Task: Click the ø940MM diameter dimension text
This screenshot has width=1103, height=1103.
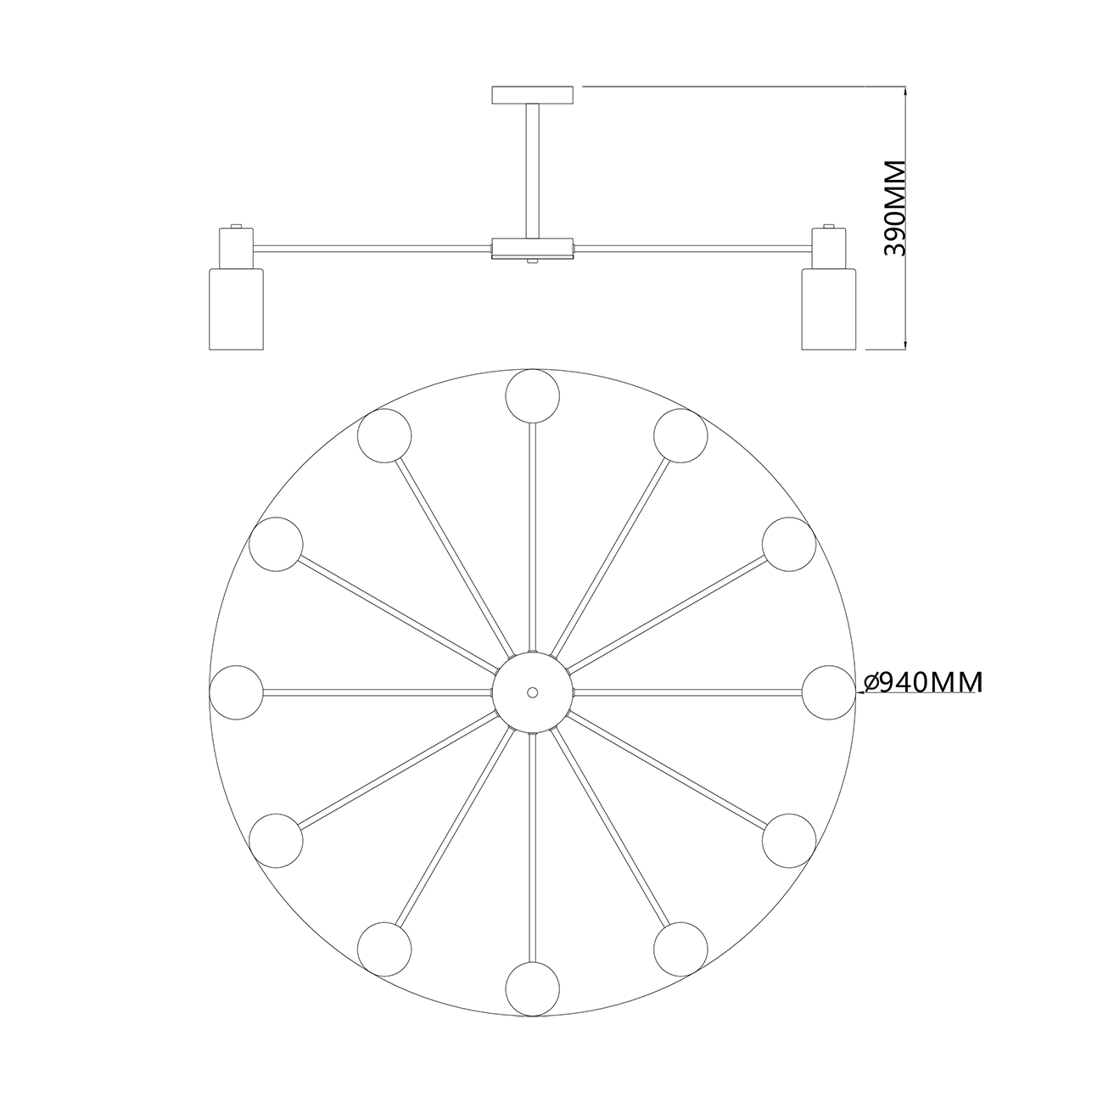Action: click(923, 681)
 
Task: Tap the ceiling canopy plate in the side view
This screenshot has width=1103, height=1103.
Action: click(532, 95)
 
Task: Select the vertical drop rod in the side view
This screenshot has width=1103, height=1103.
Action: click(532, 171)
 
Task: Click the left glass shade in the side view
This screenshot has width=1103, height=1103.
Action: click(237, 309)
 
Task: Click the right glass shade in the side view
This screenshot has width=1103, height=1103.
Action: click(829, 309)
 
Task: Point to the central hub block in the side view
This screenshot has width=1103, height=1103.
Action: click(532, 249)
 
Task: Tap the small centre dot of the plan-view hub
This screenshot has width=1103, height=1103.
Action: click(532, 692)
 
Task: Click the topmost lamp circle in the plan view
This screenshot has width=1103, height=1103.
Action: click(532, 396)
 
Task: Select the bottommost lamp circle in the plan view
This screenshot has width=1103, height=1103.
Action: click(532, 989)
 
